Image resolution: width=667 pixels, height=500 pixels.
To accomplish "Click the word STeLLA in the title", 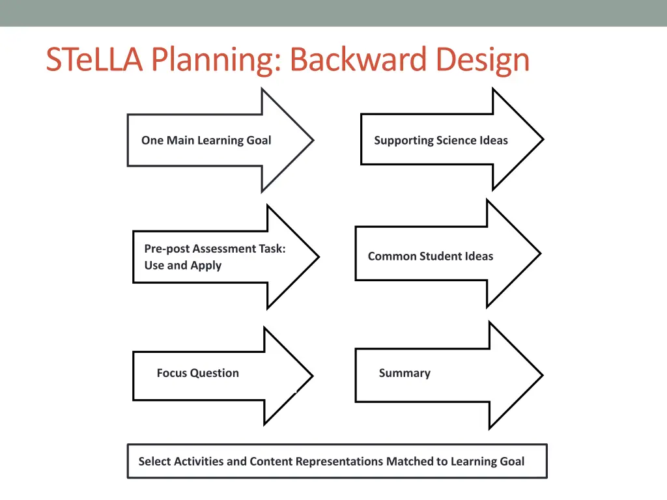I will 94,60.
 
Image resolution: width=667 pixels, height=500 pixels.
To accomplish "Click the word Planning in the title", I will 216,60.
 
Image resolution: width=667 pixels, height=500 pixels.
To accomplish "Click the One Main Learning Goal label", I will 206,140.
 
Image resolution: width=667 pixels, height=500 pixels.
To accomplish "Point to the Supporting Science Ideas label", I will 440,140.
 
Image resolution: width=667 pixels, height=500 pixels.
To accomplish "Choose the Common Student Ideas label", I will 430,256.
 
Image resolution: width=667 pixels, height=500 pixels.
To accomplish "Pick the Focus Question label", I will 197,373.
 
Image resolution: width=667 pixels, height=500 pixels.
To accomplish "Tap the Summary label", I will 404,373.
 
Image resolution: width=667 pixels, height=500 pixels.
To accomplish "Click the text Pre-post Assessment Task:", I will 215,248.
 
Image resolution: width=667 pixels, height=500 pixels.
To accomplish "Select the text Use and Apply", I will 182,265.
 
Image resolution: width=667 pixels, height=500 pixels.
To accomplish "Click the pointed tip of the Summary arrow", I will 541,375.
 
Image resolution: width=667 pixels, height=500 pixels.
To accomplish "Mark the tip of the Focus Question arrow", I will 312,376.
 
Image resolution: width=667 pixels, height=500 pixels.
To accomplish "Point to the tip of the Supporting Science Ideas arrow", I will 542,139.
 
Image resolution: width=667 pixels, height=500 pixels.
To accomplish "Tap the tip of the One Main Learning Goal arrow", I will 313,140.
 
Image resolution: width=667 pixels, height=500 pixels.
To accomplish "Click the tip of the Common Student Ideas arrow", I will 539,254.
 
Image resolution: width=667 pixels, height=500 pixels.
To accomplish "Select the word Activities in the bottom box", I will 198,462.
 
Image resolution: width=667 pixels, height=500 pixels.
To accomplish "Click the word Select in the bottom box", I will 154,462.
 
